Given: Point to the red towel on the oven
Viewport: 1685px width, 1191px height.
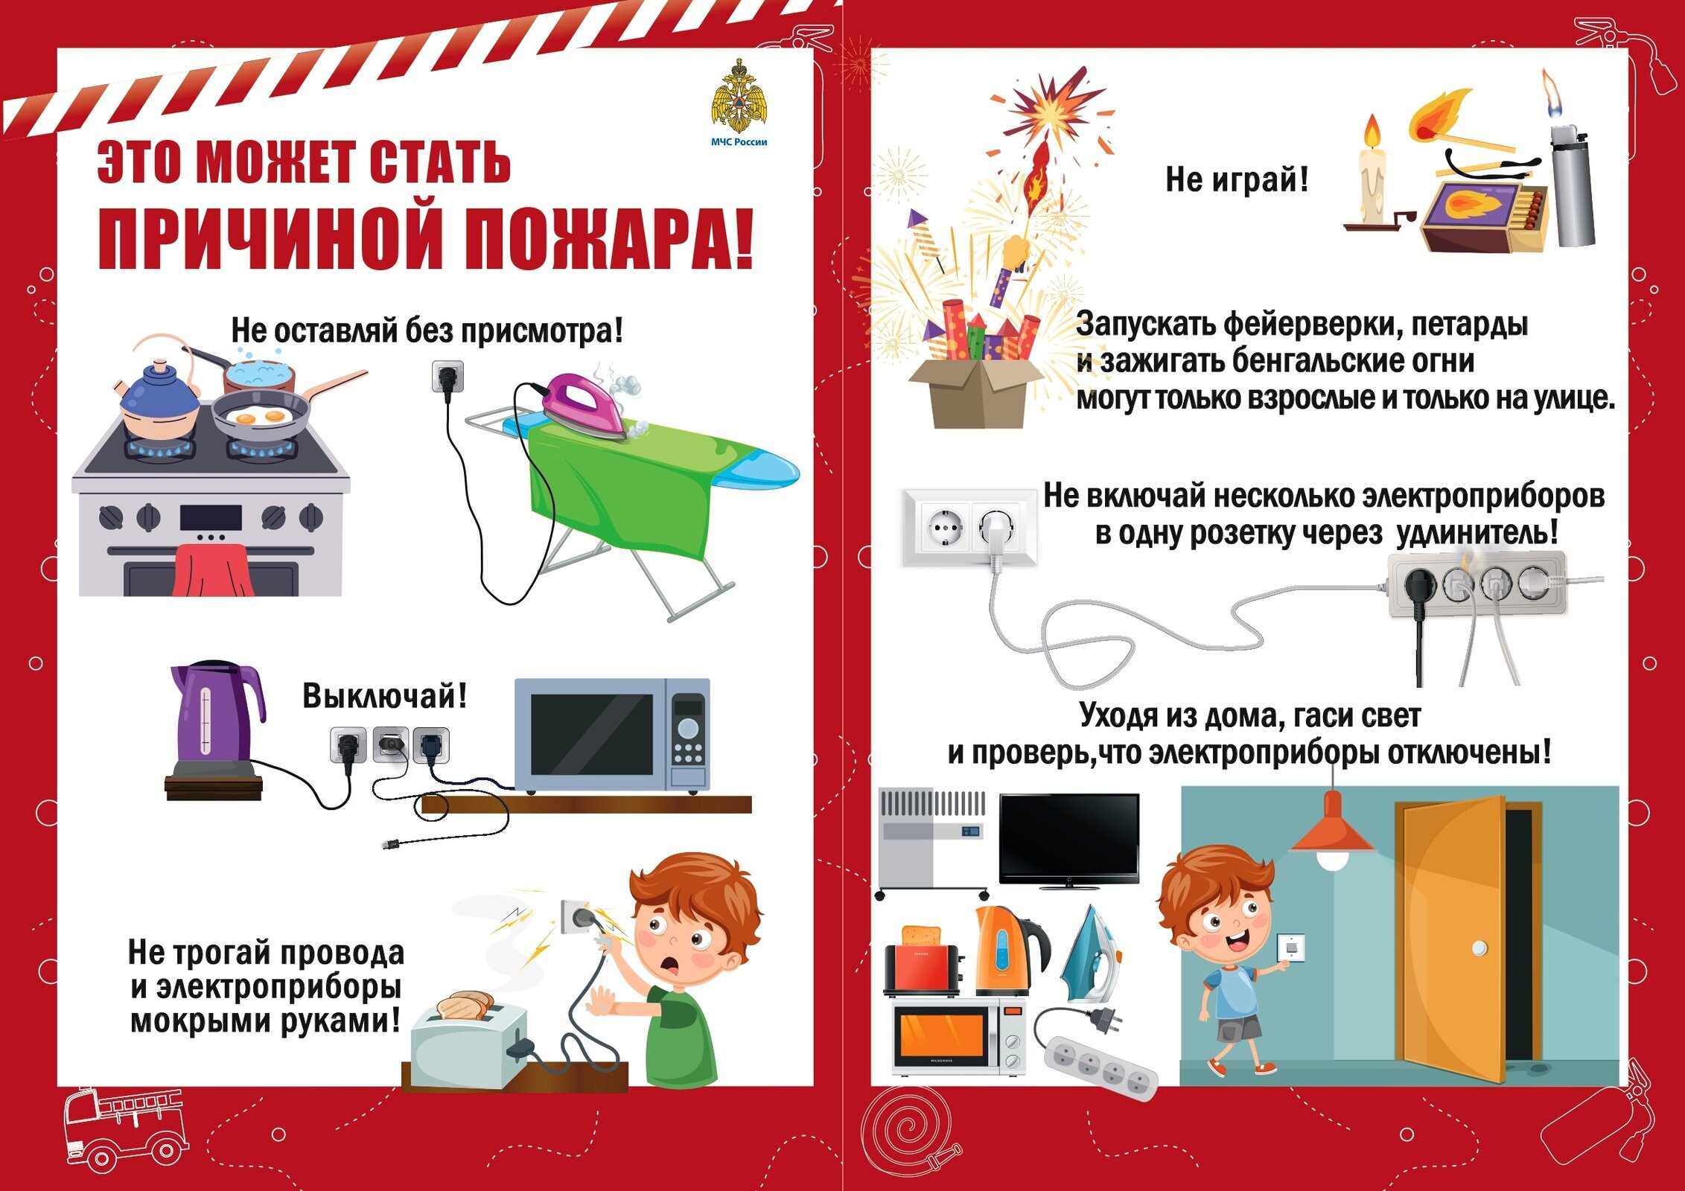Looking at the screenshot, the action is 211,569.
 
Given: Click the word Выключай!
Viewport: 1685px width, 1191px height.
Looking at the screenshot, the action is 384,696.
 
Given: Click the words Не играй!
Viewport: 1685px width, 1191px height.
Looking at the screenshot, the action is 1236,179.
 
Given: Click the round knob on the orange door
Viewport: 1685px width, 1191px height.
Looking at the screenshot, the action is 1479,948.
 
